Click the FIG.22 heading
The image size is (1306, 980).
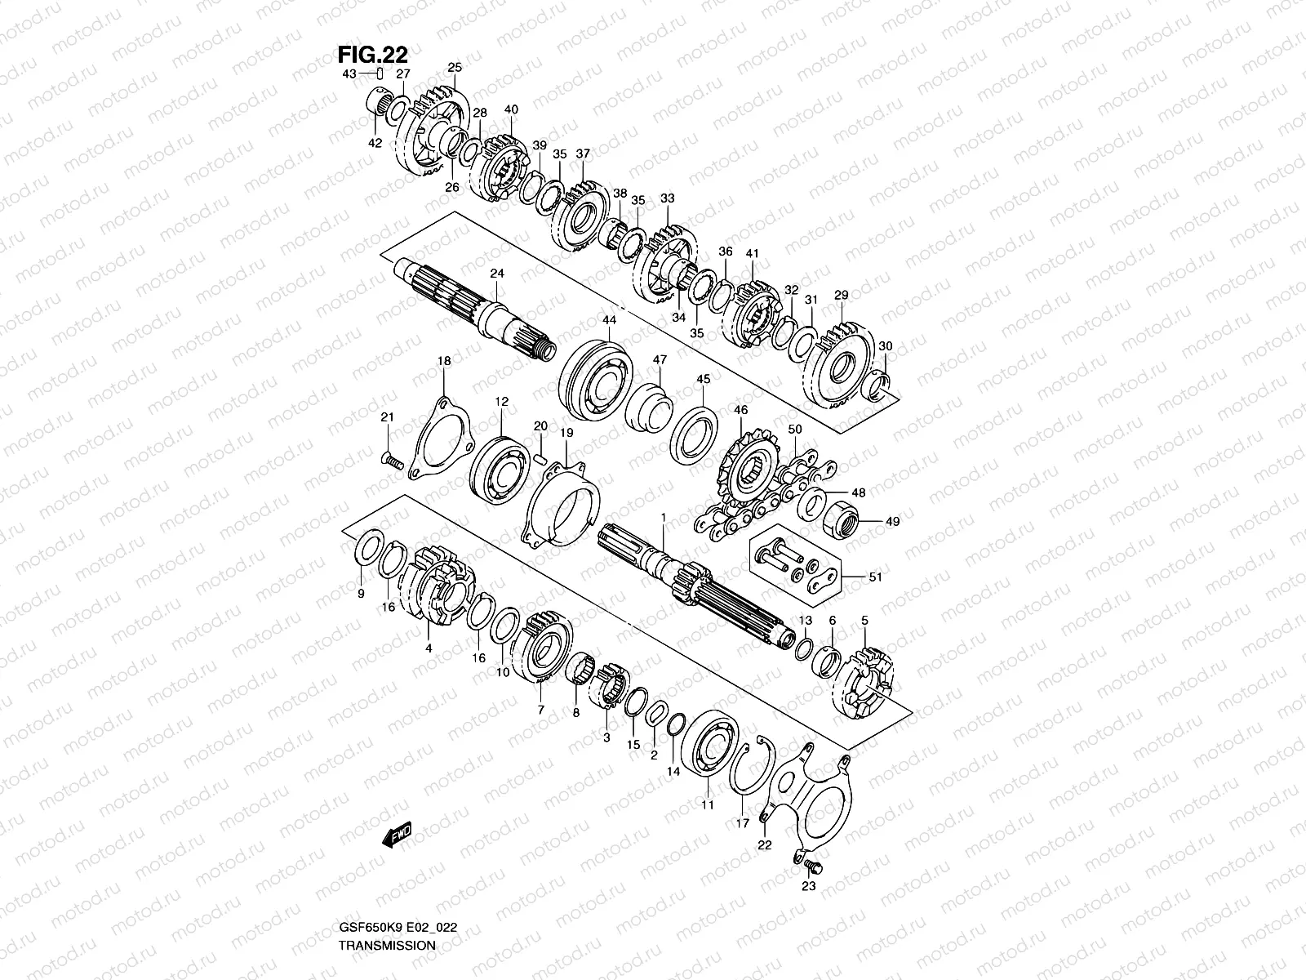(x=373, y=54)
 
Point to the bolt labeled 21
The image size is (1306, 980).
(x=393, y=461)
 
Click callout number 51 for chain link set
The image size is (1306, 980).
(x=876, y=577)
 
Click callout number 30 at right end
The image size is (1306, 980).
(x=886, y=346)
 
